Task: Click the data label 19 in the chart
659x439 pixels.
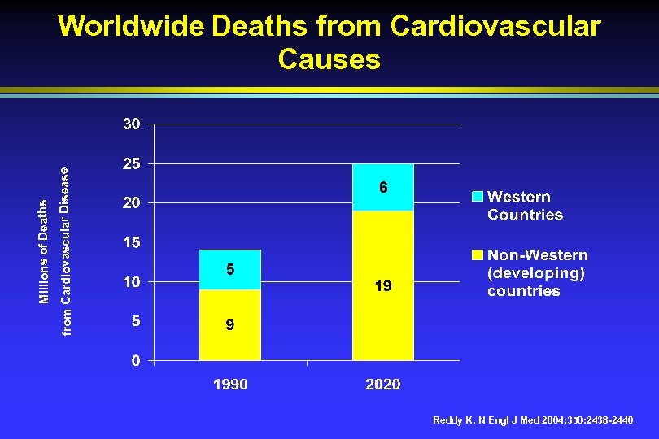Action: click(383, 286)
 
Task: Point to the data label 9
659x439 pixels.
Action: click(230, 325)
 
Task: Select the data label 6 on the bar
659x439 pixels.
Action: click(383, 188)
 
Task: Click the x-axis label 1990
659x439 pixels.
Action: click(230, 385)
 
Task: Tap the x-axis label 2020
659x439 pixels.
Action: click(383, 385)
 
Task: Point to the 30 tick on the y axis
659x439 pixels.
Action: click(132, 124)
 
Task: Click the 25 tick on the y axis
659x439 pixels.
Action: click(132, 163)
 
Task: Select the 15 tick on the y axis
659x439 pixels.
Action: click(132, 242)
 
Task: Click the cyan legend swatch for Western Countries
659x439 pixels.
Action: click(478, 197)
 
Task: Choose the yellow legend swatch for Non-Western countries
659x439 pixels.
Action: click(478, 255)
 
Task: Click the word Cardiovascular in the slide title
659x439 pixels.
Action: click(495, 26)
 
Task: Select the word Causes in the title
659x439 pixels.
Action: click(329, 59)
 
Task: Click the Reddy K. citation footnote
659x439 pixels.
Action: click(533, 420)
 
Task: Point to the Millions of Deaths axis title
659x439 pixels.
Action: click(44, 253)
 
